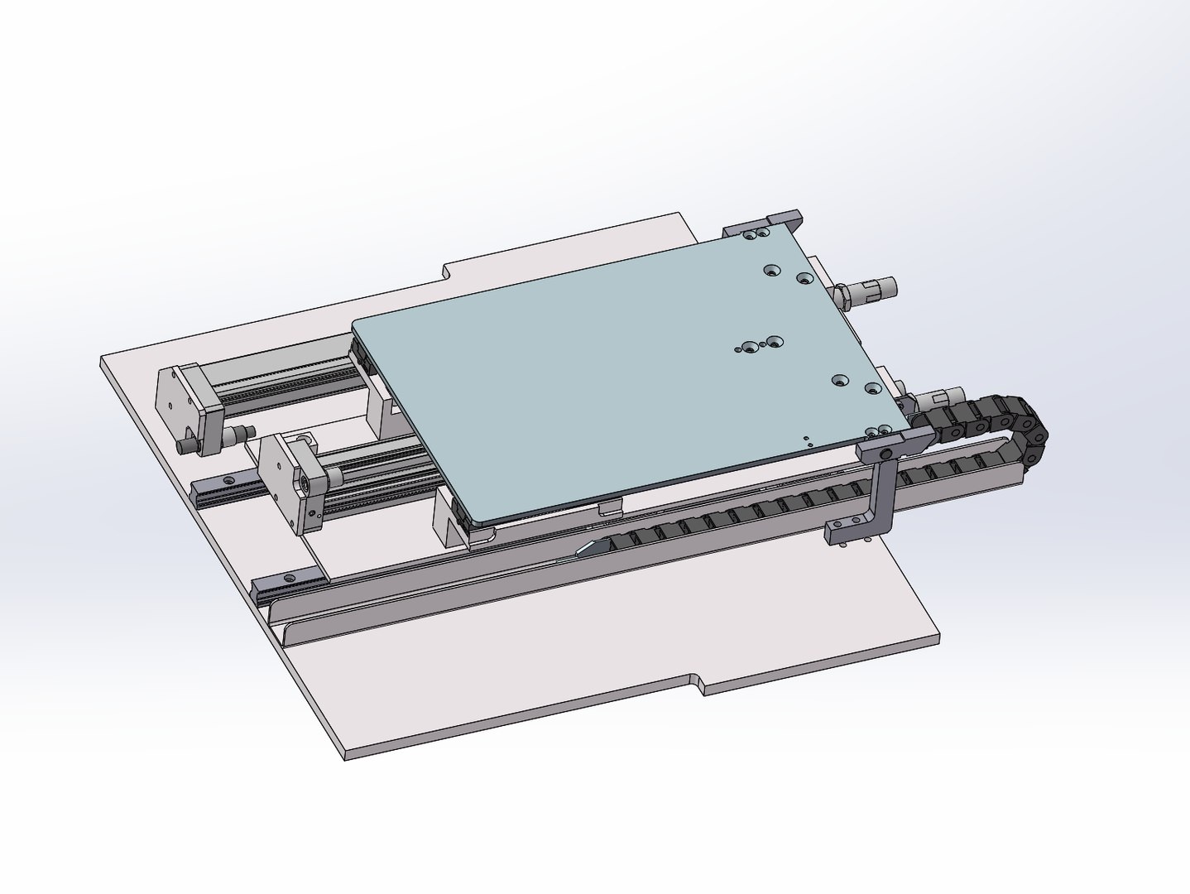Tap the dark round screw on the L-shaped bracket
pyautogui.click(x=885, y=454)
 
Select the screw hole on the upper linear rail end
pyautogui.click(x=227, y=481)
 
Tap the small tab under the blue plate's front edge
pyautogui.click(x=608, y=508)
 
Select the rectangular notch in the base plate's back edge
pyautogui.click(x=447, y=272)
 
